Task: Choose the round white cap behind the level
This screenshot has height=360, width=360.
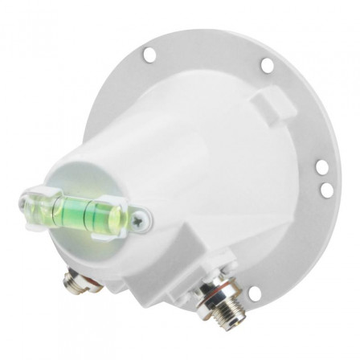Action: pyautogui.click(x=88, y=181)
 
